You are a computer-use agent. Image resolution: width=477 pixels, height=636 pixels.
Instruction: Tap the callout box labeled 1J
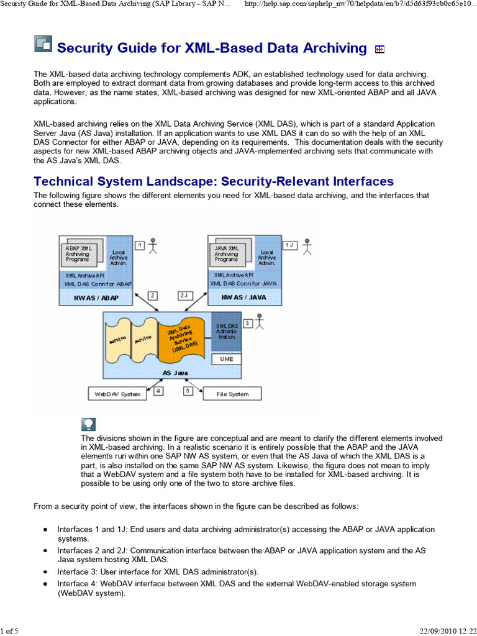(x=289, y=245)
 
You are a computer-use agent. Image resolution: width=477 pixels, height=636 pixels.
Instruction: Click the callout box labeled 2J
(x=185, y=296)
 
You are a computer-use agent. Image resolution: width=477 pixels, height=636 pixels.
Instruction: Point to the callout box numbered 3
(x=248, y=323)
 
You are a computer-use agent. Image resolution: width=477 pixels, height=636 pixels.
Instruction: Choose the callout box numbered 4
(x=159, y=391)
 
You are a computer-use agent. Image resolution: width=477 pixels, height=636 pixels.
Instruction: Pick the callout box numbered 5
(x=188, y=391)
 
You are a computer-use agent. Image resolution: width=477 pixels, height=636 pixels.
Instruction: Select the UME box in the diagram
(x=226, y=359)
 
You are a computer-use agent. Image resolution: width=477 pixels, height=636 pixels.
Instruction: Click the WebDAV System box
(x=117, y=394)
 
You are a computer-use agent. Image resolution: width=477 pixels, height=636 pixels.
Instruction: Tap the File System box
(x=232, y=394)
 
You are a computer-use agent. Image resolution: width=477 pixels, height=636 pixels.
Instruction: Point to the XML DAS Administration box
(x=226, y=331)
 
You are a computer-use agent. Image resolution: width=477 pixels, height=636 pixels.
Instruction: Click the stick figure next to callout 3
(x=260, y=321)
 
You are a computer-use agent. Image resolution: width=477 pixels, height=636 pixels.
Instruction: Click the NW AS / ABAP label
(x=96, y=298)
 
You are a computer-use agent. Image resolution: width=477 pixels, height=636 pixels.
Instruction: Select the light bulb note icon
(x=89, y=424)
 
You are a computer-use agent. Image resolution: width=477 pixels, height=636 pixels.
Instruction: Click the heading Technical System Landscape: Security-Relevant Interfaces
(x=213, y=181)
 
